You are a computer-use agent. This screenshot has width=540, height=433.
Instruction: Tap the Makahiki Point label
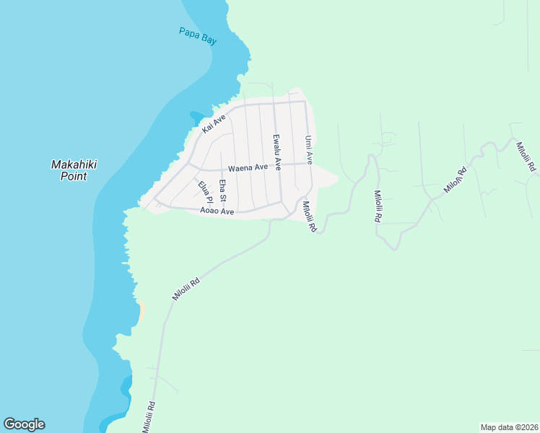coord(74,170)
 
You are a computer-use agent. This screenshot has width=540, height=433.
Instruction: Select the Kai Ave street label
coord(214,123)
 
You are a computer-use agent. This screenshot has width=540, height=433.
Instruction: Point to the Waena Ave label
coord(248,167)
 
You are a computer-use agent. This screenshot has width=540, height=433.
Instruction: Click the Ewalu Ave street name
coord(276,152)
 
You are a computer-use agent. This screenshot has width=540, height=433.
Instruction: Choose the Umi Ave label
coord(308,149)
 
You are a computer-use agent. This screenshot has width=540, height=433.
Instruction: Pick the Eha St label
coord(223,191)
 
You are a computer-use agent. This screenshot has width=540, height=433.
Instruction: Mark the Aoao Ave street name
coord(217,211)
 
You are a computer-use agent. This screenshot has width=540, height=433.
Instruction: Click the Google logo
coord(24,424)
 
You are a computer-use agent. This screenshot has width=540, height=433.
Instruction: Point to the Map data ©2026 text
coord(509,427)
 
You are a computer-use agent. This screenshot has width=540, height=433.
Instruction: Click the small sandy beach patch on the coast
coord(142,310)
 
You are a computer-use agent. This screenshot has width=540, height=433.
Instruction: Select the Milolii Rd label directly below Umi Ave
coord(310,216)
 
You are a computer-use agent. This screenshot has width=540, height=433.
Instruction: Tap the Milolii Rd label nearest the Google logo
coord(149,416)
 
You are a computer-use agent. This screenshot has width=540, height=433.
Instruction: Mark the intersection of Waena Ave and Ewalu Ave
coord(278,165)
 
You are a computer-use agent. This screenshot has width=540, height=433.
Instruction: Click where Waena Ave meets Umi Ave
coord(308,164)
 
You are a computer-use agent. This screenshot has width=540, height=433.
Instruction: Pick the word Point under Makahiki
coord(74,175)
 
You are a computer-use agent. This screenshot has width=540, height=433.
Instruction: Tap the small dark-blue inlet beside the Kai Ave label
coord(196,116)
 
